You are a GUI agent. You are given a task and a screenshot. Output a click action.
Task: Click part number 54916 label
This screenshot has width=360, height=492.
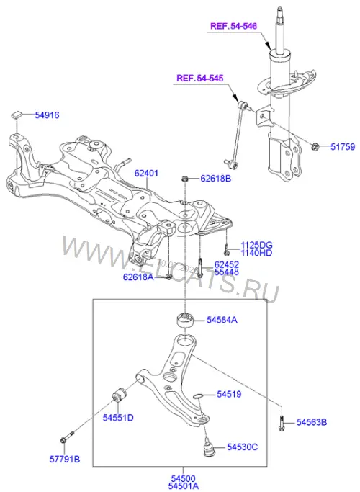pos(47,115)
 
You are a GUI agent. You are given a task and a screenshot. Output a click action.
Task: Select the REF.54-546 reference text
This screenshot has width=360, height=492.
pos(233,26)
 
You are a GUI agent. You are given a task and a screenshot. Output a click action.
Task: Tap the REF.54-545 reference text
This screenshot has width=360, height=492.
pos(200,78)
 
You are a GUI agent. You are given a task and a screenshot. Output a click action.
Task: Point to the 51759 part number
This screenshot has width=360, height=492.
pos(343,146)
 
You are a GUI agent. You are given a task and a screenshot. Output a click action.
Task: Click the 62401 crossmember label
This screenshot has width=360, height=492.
pos(146,173)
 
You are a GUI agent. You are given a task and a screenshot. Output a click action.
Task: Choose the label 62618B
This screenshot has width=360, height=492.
pos(216,179)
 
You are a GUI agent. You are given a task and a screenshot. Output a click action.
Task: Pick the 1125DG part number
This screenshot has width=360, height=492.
pos(256,245)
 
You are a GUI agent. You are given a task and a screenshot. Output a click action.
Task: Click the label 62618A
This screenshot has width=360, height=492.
pos(138,277)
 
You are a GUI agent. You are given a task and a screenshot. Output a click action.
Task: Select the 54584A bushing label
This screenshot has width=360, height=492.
pos(222,320)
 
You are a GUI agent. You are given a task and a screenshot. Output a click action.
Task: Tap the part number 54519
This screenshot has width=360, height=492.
pos(229,394)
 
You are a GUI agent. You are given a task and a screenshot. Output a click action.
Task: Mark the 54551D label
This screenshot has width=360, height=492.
pos(118,418)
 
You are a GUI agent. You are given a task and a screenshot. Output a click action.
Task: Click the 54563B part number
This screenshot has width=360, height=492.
pos(312,422)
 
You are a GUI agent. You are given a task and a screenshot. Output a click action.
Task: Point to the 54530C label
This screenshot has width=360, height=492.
pos(243,447)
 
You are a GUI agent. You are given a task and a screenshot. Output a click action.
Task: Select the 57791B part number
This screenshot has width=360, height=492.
pos(65,460)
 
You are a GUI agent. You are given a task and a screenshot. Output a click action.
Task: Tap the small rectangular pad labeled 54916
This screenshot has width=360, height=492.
pos(17,114)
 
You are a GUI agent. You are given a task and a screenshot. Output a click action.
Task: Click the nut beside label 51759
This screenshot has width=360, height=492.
pos(315,146)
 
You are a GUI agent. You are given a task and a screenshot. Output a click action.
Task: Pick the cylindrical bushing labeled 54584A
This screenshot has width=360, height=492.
pos(185,321)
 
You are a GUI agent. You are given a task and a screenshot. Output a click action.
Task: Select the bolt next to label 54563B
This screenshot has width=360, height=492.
pos(282,423)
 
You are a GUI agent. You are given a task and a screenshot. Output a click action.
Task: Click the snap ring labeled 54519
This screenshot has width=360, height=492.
pos(198,395)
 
